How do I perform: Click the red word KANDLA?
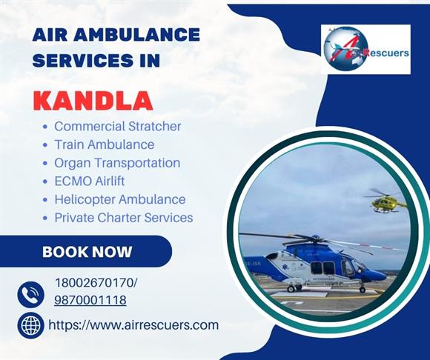coord(93,101)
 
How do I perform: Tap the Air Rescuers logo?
coord(365,49)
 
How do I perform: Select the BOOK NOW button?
coord(86,251)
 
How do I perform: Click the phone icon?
coord(30,295)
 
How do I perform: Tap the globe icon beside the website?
coord(30,325)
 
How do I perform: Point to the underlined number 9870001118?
coord(90,300)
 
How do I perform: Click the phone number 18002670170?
coord(94,282)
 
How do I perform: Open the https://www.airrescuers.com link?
coord(133,325)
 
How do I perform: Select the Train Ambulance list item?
coord(105,144)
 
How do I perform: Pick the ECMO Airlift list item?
coord(90,181)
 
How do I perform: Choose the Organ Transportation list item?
coord(117,163)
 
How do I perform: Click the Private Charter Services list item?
coord(124,218)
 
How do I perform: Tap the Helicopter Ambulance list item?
coord(120,199)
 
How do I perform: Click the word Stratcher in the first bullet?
coord(155,127)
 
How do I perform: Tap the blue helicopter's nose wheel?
coord(363,290)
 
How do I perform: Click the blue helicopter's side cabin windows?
coord(322,268)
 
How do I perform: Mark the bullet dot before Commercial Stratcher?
coord(45,127)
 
